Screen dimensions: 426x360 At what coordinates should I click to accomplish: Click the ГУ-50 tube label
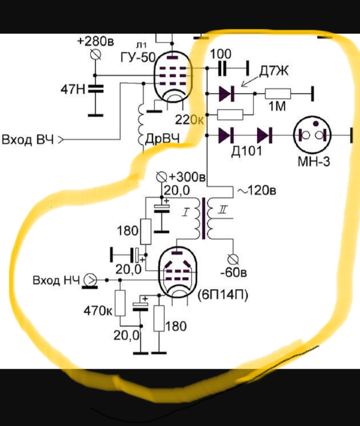138,57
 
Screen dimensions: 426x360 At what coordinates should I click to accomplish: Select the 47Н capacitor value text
72,90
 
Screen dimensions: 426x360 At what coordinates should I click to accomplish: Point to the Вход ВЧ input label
28,140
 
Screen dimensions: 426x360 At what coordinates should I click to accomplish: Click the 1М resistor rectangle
277,93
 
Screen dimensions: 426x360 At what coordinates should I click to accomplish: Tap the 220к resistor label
190,120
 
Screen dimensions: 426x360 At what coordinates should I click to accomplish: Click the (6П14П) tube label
223,294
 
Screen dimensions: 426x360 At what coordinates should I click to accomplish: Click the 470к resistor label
97,310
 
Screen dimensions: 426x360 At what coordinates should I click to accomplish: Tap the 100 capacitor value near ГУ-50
220,54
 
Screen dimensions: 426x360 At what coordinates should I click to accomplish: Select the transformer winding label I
184,214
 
